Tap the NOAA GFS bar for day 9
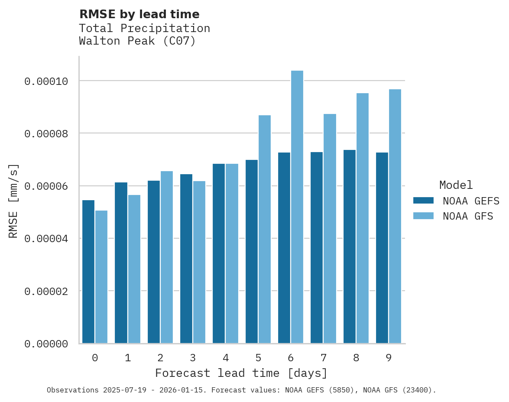click(x=395, y=216)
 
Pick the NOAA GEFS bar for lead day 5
click(x=252, y=252)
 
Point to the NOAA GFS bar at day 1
click(x=134, y=269)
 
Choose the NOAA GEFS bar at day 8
click(x=350, y=246)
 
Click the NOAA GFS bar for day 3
click(x=199, y=262)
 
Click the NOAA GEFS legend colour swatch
click(x=423, y=200)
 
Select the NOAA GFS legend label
click(x=468, y=216)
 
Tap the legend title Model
click(x=456, y=185)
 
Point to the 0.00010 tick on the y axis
click(x=46, y=81)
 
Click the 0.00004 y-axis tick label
click(x=46, y=239)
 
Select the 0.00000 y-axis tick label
click(x=46, y=344)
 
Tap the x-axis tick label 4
click(x=226, y=358)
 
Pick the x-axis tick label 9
click(x=389, y=358)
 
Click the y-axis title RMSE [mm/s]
click(x=13, y=201)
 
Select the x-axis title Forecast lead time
click(x=241, y=373)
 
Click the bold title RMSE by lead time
click(x=139, y=14)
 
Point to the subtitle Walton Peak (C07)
click(x=137, y=41)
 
